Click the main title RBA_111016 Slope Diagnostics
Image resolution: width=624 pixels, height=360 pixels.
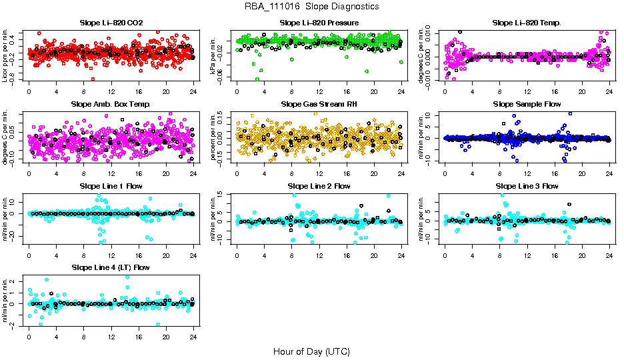point(311,7)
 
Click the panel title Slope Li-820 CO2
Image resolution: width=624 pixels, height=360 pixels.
point(111,23)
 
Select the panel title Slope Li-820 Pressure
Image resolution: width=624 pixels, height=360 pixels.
point(319,23)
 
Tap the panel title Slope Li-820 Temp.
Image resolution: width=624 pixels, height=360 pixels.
point(527,23)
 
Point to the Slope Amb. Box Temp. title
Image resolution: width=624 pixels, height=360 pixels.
point(111,105)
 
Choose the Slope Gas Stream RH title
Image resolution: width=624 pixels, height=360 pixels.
point(319,105)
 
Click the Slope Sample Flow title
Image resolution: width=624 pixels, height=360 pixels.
point(527,105)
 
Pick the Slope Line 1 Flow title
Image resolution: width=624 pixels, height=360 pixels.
point(111,186)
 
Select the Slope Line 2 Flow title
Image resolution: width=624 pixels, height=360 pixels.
point(319,186)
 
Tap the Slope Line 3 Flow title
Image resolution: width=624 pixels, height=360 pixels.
point(527,186)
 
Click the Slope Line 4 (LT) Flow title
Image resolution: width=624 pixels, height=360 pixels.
point(111,267)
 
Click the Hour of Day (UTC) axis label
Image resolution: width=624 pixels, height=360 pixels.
point(311,351)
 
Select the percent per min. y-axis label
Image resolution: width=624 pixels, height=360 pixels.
point(215,136)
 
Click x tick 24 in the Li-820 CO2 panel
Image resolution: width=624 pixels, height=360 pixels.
point(193,92)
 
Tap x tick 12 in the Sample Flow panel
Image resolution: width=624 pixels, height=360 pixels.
point(527,173)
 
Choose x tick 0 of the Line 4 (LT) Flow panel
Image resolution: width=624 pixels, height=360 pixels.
point(29,336)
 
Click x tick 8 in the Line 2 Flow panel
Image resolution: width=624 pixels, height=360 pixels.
point(292,255)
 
